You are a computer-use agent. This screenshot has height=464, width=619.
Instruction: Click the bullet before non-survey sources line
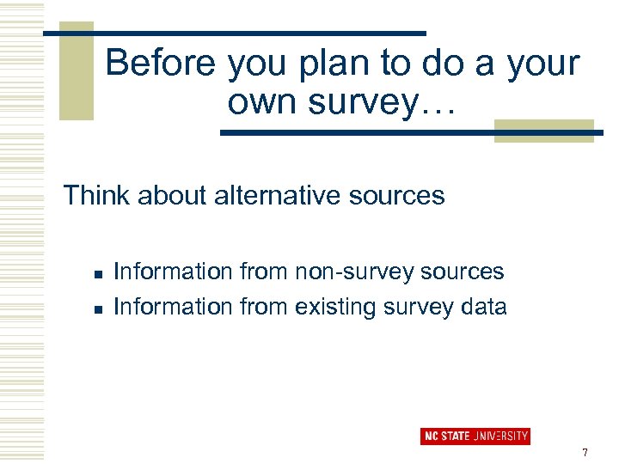98,274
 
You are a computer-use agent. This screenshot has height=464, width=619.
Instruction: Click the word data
481,307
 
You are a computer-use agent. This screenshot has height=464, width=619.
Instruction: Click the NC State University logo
475,436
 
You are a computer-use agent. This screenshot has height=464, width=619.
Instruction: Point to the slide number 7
585,452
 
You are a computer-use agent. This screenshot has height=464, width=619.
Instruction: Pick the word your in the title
544,64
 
